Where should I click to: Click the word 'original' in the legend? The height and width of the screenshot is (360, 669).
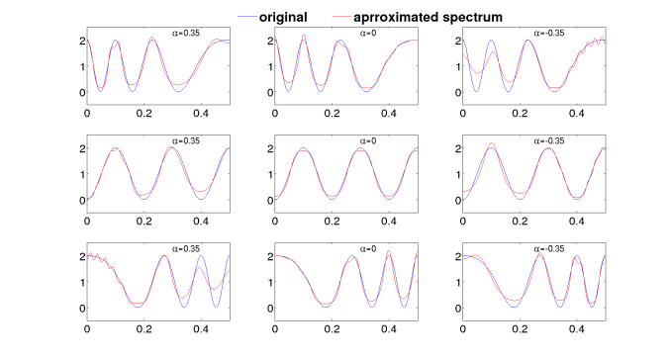(303, 17)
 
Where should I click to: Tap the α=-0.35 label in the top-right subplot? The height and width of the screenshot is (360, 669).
(551, 33)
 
